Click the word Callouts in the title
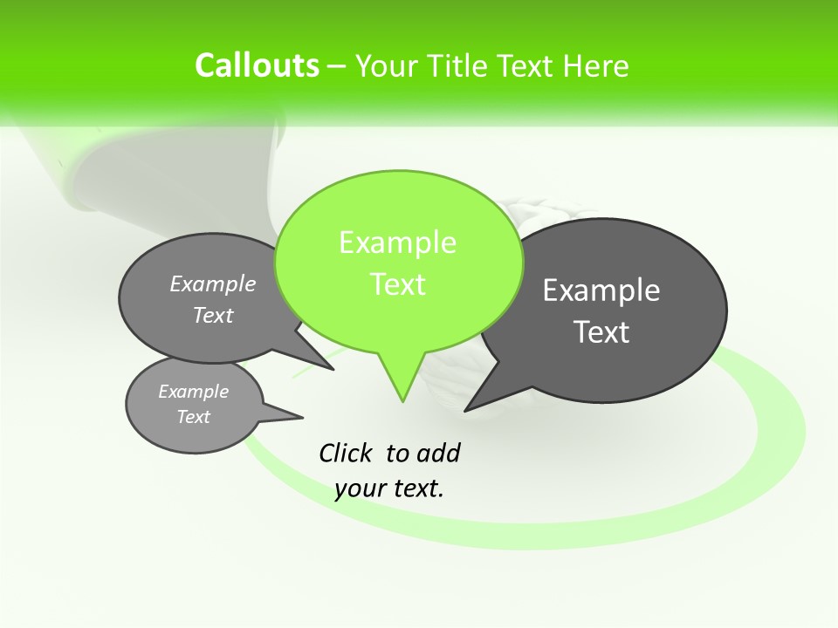(x=257, y=65)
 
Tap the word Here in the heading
(x=595, y=66)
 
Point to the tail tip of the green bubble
(x=402, y=400)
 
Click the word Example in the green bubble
(x=397, y=242)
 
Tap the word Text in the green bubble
(x=398, y=284)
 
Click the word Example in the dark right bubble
(x=601, y=290)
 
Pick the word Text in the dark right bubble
(x=602, y=332)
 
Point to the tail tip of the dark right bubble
(x=466, y=409)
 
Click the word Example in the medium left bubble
(x=213, y=283)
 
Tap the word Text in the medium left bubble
(x=213, y=315)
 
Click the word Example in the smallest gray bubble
(x=193, y=392)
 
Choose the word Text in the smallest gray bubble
(x=193, y=417)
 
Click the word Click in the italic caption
(x=346, y=453)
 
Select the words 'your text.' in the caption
(x=389, y=488)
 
